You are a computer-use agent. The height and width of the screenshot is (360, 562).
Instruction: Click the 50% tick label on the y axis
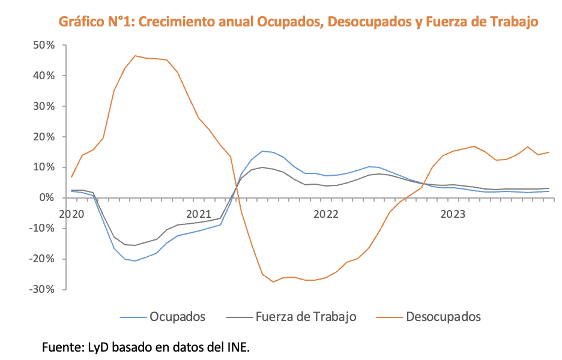coord(44,45)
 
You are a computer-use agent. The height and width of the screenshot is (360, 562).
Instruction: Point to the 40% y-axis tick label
coord(44,76)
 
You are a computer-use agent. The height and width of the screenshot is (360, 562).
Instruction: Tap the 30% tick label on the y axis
coord(44,106)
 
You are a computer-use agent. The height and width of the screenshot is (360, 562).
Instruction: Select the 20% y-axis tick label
coord(44,137)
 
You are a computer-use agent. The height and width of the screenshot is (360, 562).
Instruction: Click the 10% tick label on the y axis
coord(44,167)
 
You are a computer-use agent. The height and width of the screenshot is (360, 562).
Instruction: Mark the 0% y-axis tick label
coord(47,198)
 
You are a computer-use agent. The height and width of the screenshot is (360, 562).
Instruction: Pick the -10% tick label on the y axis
coord(43,229)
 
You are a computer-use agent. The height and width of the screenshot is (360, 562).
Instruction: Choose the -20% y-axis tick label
coord(43,259)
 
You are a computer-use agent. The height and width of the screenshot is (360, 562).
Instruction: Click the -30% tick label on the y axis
coord(43,290)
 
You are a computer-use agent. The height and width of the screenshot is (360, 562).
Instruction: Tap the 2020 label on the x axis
coord(73,214)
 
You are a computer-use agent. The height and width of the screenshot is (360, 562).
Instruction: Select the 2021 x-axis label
coord(199,214)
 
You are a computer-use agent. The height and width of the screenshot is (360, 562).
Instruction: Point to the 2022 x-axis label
coord(326,214)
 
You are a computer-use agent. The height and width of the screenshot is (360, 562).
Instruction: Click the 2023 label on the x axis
coord(453,214)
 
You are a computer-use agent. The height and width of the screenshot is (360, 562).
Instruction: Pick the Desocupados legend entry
coord(443,316)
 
